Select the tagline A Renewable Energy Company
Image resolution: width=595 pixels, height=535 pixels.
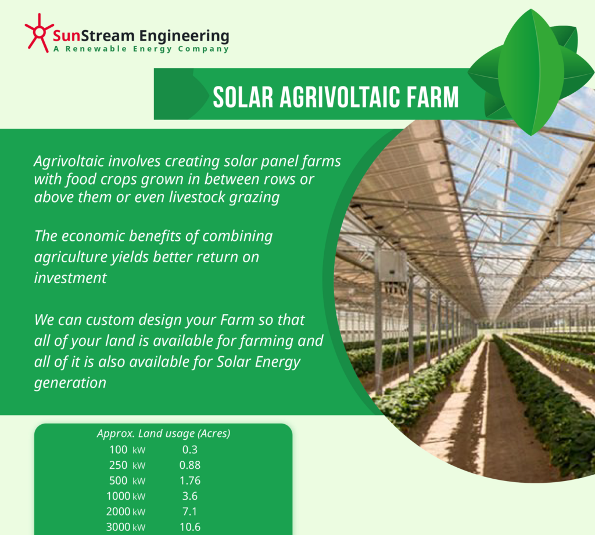[141, 50]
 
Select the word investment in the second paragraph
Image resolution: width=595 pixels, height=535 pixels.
[70, 277]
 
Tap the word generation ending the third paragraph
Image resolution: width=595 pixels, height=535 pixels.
[70, 382]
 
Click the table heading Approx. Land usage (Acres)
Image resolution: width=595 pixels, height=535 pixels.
[163, 433]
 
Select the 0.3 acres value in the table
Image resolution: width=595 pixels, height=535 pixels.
[190, 449]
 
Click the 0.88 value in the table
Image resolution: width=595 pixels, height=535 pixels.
[190, 465]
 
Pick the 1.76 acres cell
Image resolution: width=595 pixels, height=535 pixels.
[190, 480]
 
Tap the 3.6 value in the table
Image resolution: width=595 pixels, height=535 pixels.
[190, 496]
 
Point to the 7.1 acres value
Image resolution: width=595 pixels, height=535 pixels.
[190, 512]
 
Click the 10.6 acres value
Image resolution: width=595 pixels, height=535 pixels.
[190, 527]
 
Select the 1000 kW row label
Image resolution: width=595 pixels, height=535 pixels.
[126, 496]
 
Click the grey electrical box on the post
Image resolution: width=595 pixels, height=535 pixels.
[390, 269]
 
